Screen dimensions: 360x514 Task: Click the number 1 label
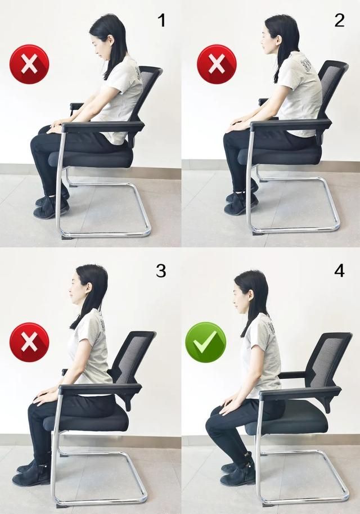[x=162, y=20]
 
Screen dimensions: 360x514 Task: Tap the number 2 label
[x=339, y=20]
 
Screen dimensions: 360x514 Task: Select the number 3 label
[x=161, y=271]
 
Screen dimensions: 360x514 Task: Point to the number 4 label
[x=339, y=271]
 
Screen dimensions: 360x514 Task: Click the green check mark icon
[x=205, y=342]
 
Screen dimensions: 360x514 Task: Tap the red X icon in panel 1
[x=29, y=64]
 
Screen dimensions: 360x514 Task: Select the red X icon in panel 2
[x=217, y=64]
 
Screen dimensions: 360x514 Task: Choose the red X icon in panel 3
[x=29, y=342]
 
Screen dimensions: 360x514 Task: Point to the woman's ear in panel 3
[x=89, y=288]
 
